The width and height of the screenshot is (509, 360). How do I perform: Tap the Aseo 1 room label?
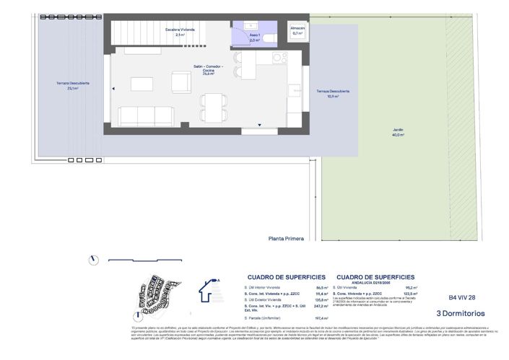click(x=254, y=38)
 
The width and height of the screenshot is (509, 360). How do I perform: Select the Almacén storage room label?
click(x=297, y=30)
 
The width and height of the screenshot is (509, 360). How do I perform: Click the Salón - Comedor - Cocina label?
click(x=208, y=69)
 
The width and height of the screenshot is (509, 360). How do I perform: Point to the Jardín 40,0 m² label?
click(x=398, y=133)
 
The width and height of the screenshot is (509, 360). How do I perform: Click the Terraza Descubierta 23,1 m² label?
click(x=72, y=86)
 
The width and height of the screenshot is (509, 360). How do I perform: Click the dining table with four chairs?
click(x=212, y=108)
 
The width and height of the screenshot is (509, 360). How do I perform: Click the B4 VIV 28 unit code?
click(x=462, y=297)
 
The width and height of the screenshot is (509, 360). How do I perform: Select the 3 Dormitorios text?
click(x=461, y=313)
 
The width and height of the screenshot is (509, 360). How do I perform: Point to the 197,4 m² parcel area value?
click(x=321, y=317)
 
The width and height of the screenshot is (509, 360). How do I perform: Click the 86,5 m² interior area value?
click(x=322, y=287)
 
